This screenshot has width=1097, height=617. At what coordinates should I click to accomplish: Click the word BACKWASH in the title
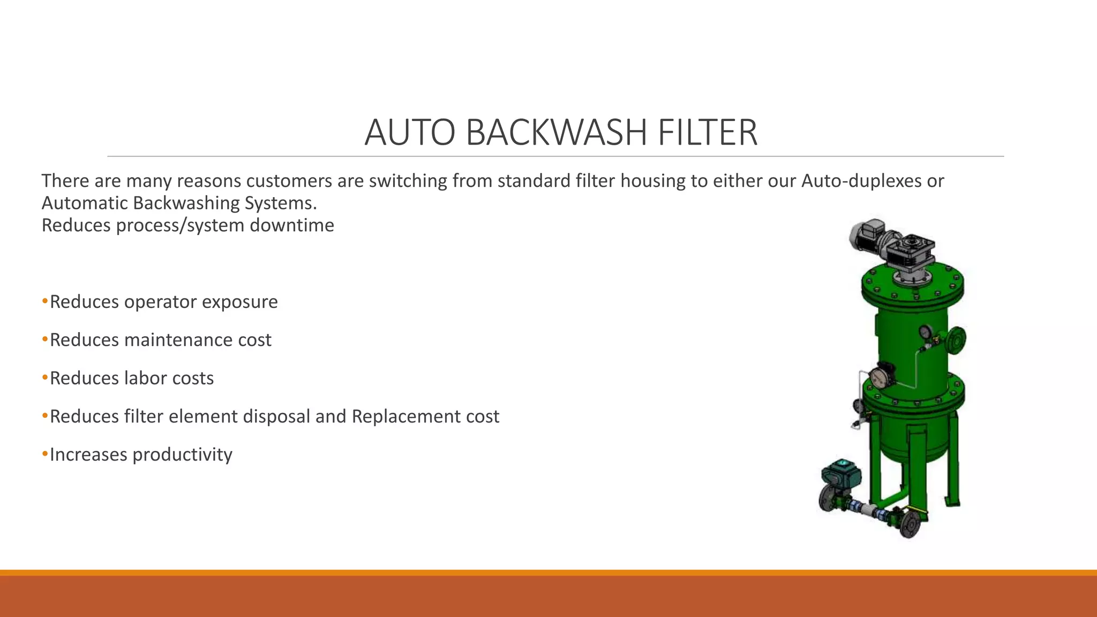(x=557, y=132)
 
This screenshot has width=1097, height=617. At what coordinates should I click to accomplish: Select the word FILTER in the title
(x=707, y=132)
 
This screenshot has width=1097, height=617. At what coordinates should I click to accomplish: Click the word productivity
(x=182, y=455)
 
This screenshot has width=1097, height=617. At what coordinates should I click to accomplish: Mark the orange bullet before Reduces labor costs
(x=45, y=378)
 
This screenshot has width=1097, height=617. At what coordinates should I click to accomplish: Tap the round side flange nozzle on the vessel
(x=957, y=339)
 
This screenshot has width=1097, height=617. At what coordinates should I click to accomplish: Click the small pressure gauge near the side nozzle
(x=925, y=333)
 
